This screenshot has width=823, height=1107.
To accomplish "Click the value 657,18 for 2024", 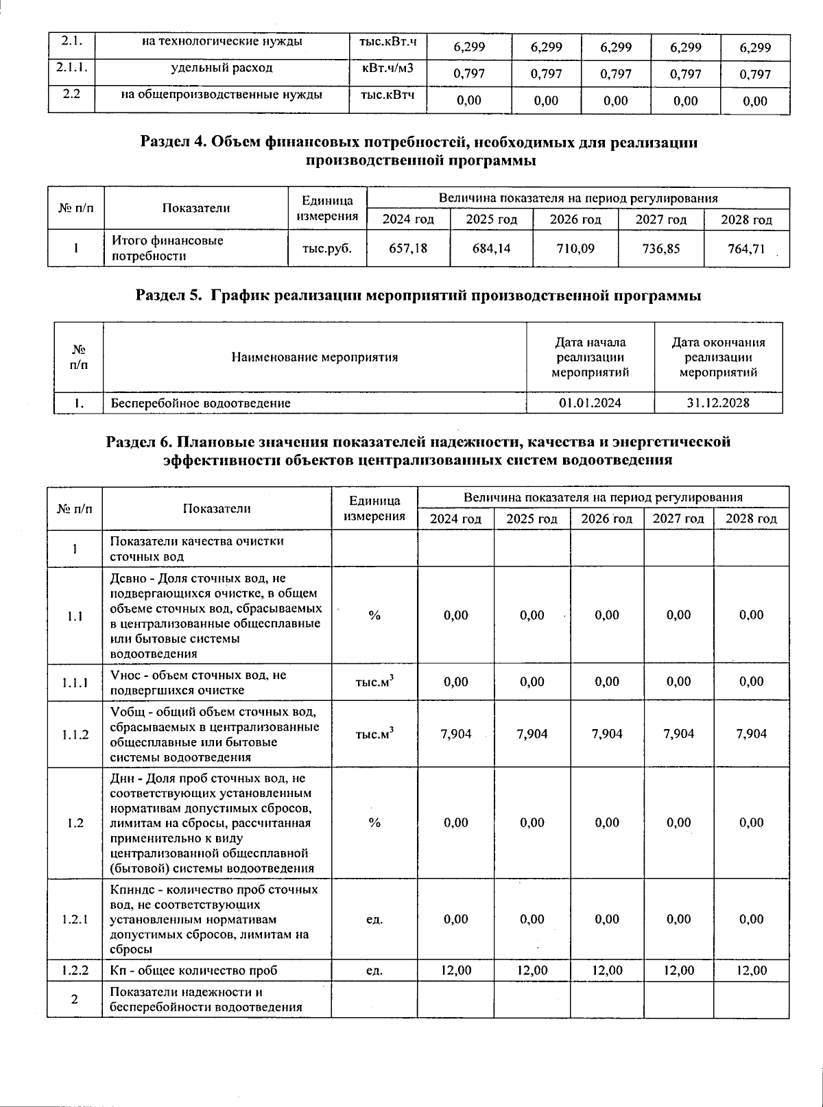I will click(x=408, y=248).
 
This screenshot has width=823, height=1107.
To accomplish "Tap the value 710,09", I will click(x=575, y=248).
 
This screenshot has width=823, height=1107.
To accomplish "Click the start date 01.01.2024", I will click(x=590, y=403).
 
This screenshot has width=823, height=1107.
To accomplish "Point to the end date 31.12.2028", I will click(x=717, y=403).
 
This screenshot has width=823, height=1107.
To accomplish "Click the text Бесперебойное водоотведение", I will click(x=200, y=403).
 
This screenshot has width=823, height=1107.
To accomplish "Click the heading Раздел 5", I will click(x=418, y=296).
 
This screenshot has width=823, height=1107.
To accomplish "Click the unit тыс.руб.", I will click(x=326, y=248).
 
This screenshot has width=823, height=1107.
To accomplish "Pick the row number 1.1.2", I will click(x=74, y=735).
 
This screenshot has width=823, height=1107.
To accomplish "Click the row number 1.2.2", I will click(x=74, y=971).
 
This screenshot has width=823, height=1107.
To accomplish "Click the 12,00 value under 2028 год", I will click(x=751, y=971).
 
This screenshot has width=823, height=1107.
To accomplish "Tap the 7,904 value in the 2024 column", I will click(x=455, y=734).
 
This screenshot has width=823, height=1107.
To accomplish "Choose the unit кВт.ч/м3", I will click(x=387, y=68).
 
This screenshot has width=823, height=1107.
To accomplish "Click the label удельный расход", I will click(x=222, y=68).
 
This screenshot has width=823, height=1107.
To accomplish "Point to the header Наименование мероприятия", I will click(x=314, y=357).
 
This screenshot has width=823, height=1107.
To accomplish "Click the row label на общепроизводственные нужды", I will click(x=222, y=95).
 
